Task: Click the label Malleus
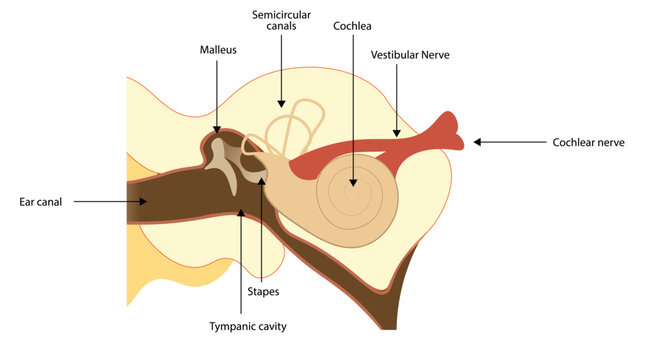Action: tap(218, 49)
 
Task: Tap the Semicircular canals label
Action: tap(282, 24)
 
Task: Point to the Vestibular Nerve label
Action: tap(410, 55)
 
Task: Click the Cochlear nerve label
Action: tap(588, 143)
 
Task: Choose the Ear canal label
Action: tap(41, 201)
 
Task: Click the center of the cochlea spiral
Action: tap(353, 186)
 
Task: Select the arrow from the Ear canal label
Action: tap(110, 201)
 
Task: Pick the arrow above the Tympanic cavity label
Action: tap(240, 260)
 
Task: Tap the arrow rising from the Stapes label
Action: tap(262, 230)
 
